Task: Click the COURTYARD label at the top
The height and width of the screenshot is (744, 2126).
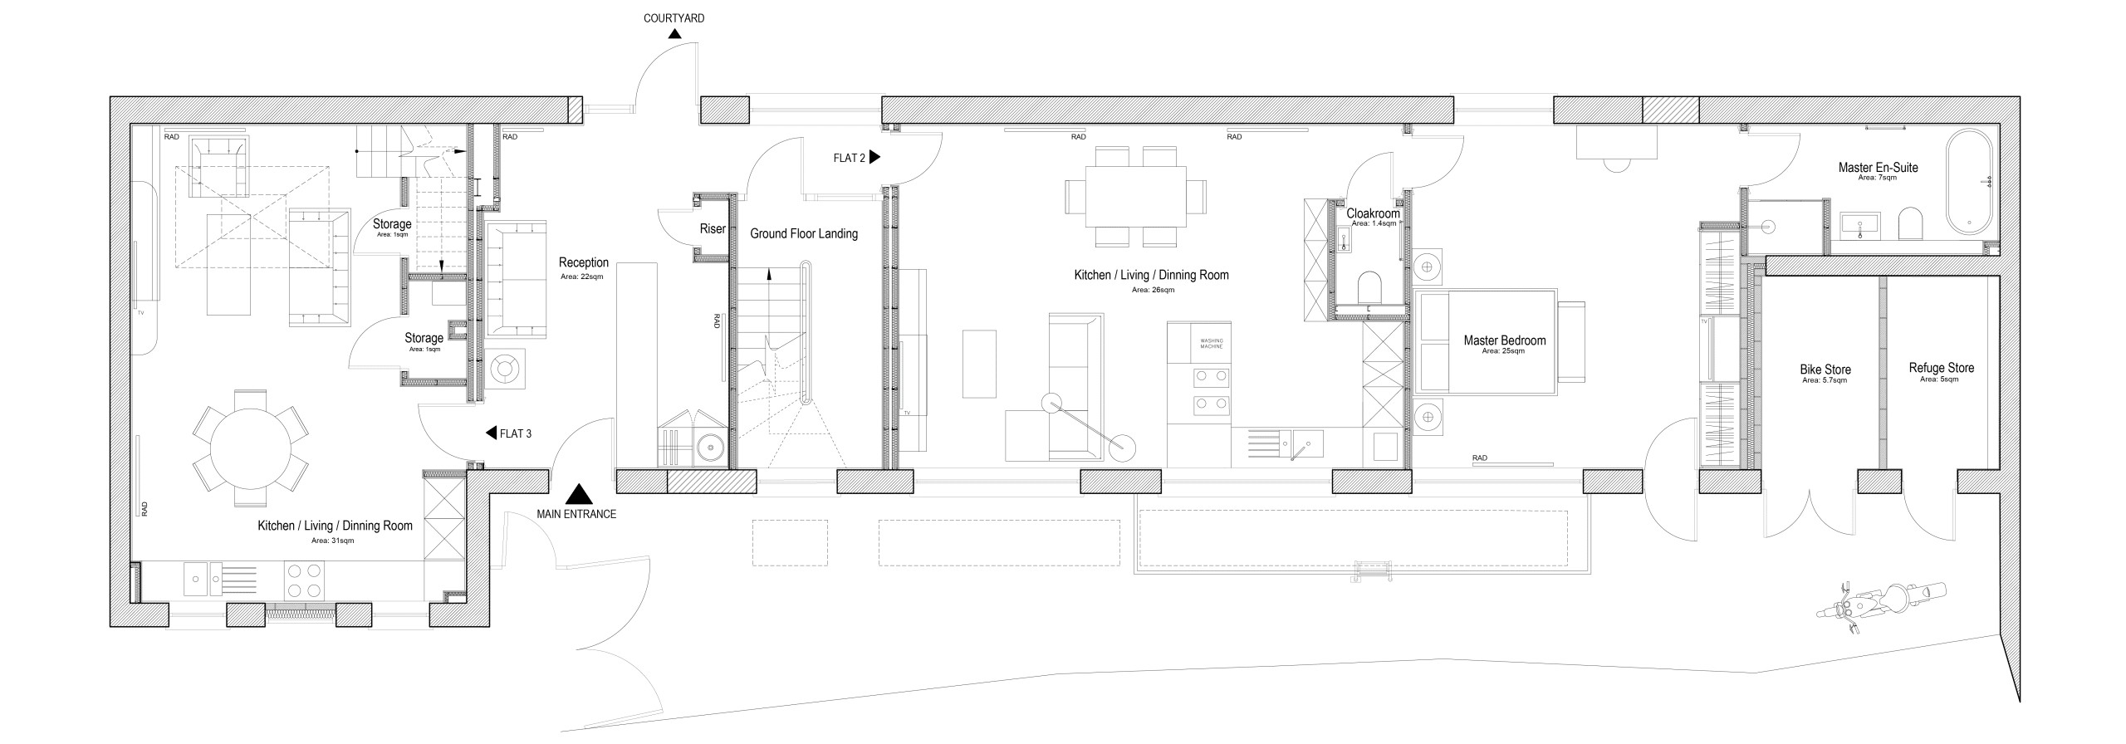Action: [x=674, y=18]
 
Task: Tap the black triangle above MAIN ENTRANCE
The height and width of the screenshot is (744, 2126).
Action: [x=578, y=495]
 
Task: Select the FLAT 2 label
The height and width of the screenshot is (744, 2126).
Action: [x=850, y=158]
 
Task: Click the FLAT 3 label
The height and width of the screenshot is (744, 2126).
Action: [x=516, y=433]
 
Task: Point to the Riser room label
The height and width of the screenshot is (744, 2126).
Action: [x=713, y=228]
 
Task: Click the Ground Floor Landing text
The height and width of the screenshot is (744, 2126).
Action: [x=803, y=234]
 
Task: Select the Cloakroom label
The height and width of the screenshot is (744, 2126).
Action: [x=1373, y=213]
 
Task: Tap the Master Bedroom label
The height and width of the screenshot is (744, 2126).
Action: [x=1504, y=340]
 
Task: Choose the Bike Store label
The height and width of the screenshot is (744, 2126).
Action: [x=1825, y=370]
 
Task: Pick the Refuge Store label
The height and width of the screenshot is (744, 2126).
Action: [x=1941, y=368]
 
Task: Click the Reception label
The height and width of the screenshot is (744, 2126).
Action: [x=583, y=262]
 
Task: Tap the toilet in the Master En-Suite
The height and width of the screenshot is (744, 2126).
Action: [x=1910, y=224]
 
